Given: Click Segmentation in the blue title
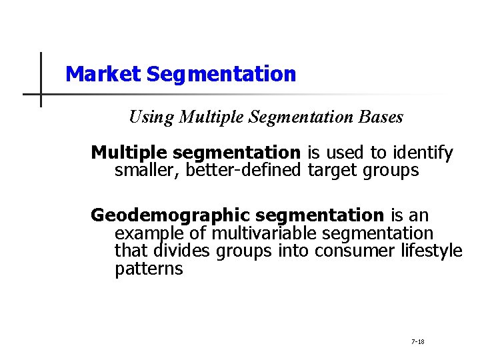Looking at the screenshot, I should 221,74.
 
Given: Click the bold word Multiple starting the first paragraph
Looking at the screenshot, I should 128,153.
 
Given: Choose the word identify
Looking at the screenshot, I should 425,153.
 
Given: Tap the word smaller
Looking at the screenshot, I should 147,171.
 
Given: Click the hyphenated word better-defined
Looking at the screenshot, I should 244,171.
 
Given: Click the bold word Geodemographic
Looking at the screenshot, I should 170,216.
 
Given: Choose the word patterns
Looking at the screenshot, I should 149,269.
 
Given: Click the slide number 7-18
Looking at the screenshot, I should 418,341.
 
